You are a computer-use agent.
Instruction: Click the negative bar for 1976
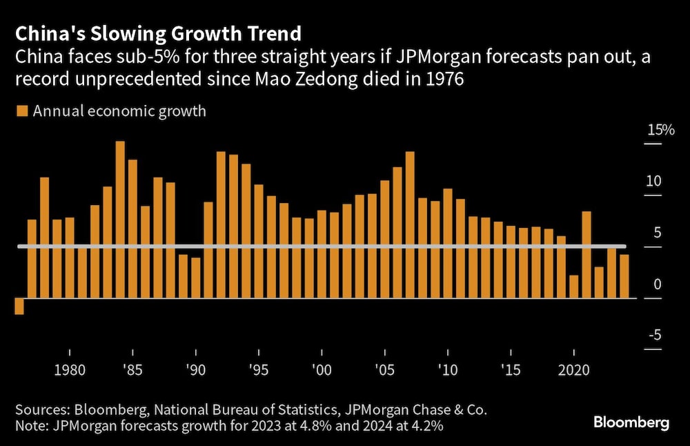click(x=19, y=306)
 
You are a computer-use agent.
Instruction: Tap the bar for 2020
click(x=573, y=287)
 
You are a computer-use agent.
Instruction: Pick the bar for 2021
click(x=586, y=255)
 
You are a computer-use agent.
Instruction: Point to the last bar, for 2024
click(x=624, y=276)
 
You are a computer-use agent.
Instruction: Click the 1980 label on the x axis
click(x=70, y=370)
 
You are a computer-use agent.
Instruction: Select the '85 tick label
click(x=132, y=370)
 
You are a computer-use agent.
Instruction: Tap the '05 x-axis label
click(x=385, y=370)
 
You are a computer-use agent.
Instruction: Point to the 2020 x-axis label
click(x=573, y=370)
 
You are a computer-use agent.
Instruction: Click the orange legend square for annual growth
click(x=21, y=110)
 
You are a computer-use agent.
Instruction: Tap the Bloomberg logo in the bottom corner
click(x=633, y=423)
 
